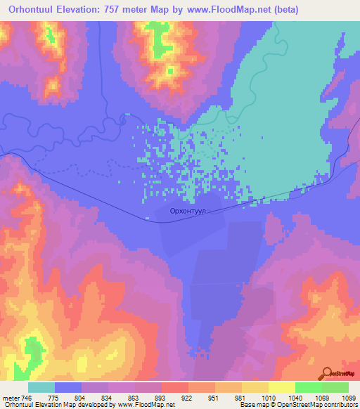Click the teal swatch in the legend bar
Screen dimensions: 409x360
click(41, 387)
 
